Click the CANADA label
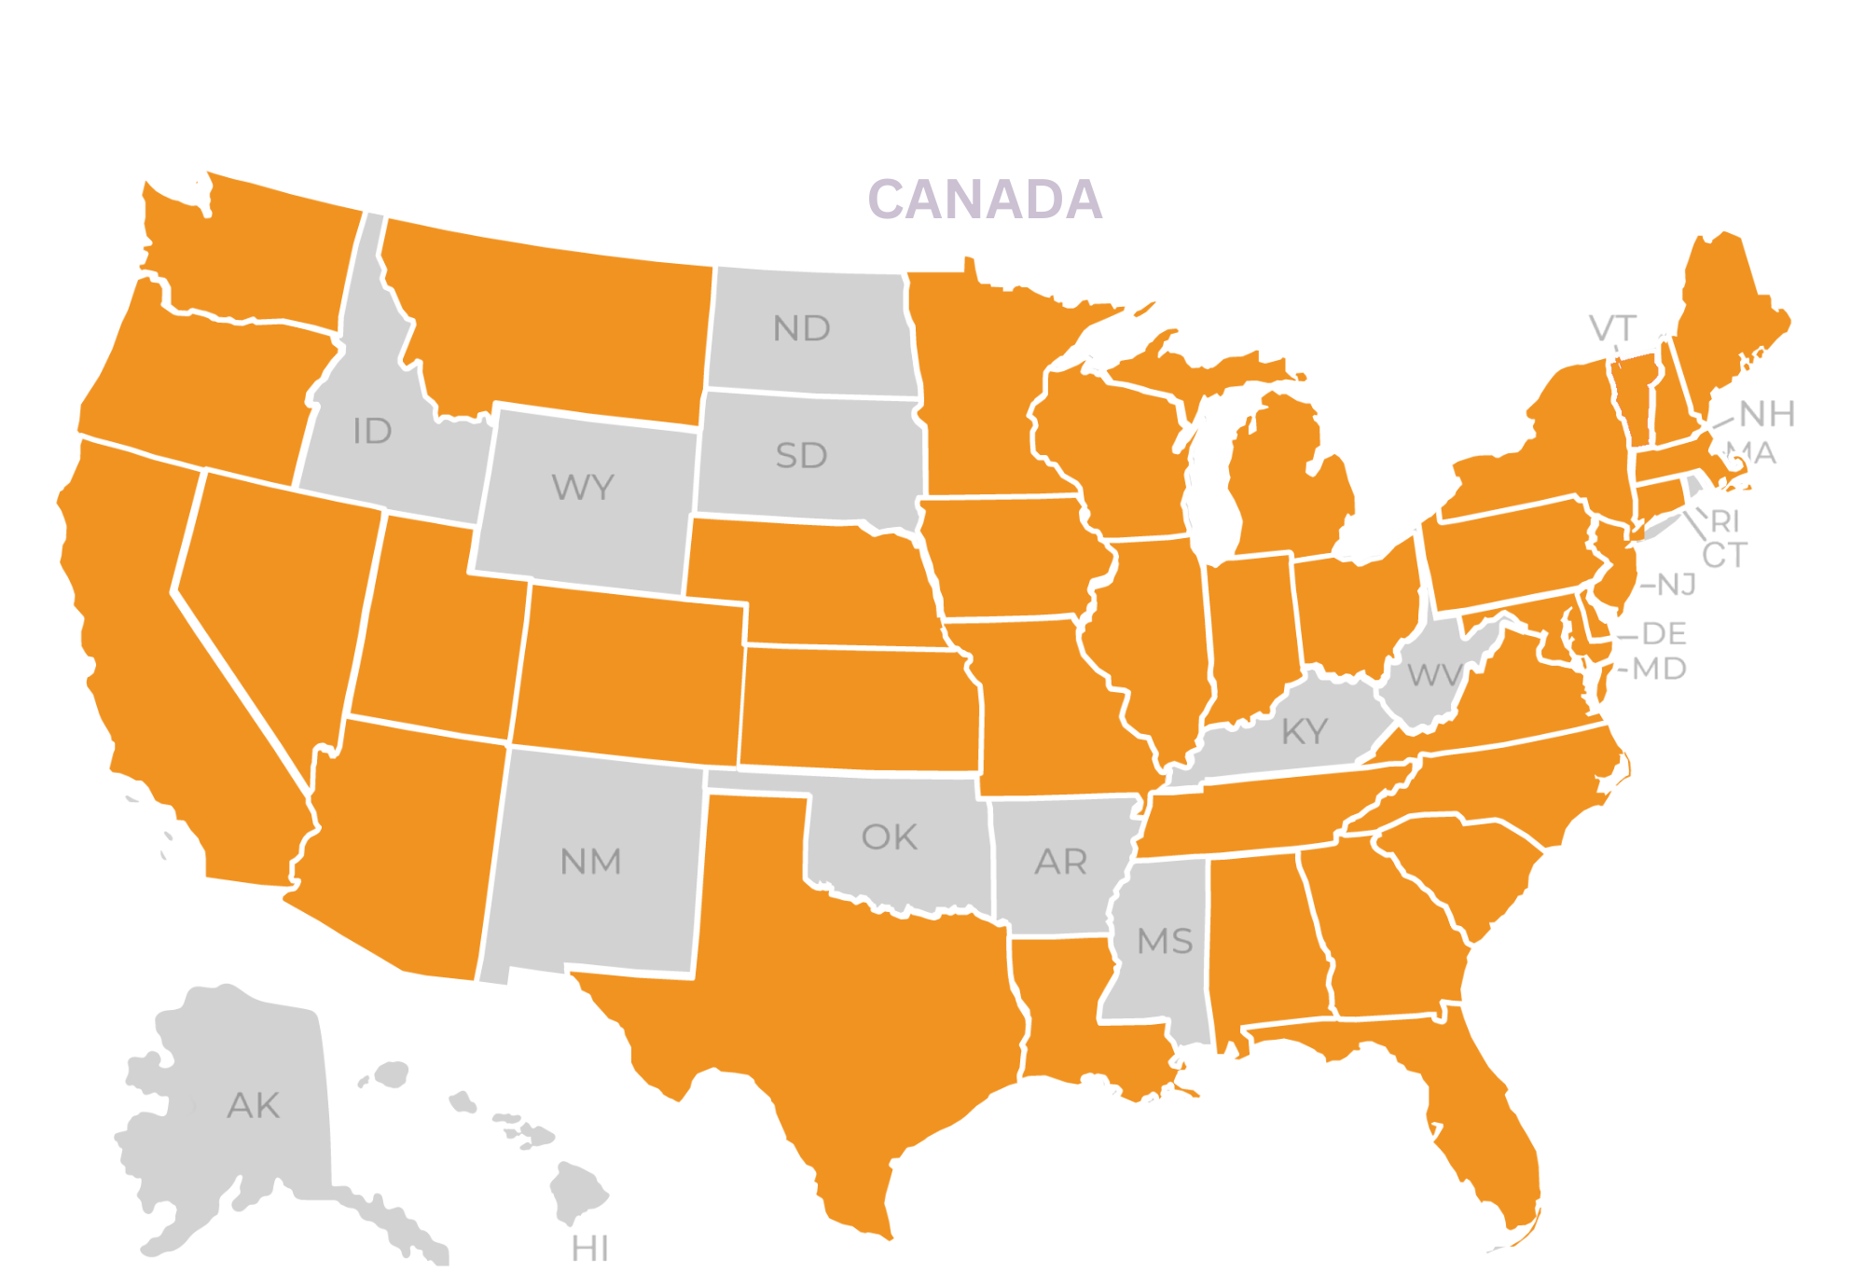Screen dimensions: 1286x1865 pos(985,200)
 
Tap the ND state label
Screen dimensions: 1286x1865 pos(801,328)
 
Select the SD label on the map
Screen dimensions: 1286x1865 pos(801,456)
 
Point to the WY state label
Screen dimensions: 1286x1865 pos(583,487)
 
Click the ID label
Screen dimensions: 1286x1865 pos(372,431)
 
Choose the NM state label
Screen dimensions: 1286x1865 pos(590,862)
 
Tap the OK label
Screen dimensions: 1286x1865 pos(889,837)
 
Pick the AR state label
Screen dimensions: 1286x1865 pos(1060,862)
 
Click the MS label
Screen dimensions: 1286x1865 pos(1165,941)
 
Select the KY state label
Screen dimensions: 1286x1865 pos(1304,732)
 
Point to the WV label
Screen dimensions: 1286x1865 pos(1434,674)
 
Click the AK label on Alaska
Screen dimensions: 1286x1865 pos(253,1105)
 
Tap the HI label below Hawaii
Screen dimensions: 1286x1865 pos(589,1249)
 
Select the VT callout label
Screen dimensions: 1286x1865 pos(1612,328)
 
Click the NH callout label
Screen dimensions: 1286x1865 pos(1767,413)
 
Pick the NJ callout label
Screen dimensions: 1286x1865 pos(1676,585)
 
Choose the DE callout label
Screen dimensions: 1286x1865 pos(1664,634)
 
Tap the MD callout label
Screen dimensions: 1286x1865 pos(1659,669)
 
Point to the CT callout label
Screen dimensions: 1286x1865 pos(1724,555)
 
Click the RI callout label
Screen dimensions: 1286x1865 pos(1725,520)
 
